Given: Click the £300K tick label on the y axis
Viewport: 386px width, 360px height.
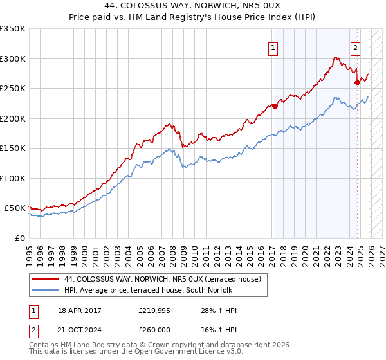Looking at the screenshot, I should (x=13, y=59).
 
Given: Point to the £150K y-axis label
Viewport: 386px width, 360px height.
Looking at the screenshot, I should (x=13, y=148).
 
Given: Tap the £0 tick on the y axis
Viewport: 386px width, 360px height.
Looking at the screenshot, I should (x=19, y=238).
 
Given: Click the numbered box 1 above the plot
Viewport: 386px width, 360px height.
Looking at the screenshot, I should (x=273, y=47).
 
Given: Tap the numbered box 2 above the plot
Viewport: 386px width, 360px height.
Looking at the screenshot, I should (x=355, y=47).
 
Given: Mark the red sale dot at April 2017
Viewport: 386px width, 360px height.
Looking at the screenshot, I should (x=275, y=106).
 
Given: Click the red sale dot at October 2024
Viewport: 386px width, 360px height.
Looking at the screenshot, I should (x=357, y=82).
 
